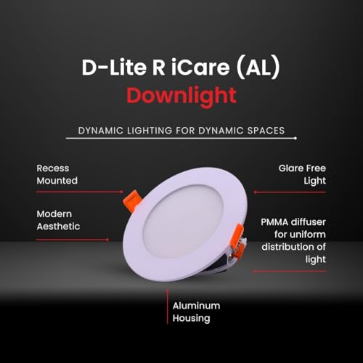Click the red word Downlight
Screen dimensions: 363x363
coord(181,97)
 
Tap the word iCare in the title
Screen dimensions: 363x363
coord(200,68)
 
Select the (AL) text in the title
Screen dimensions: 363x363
coord(258,68)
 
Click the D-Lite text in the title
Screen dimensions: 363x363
coord(114,68)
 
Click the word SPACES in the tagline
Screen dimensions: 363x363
coord(266,131)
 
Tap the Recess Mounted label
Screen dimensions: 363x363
coord(57,174)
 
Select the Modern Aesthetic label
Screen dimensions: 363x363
coord(58,220)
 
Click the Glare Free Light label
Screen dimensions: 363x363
coord(302,175)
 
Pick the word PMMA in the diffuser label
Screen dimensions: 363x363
coord(274,222)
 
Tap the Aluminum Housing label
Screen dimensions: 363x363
coord(196,312)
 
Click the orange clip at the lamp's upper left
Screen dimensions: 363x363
coord(131,201)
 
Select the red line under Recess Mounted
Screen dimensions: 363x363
coord(80,192)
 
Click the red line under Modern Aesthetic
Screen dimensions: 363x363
coord(73,240)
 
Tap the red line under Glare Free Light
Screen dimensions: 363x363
coord(290,192)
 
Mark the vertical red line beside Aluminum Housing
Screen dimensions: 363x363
coord(167,307)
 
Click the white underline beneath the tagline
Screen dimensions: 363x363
coord(181,138)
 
